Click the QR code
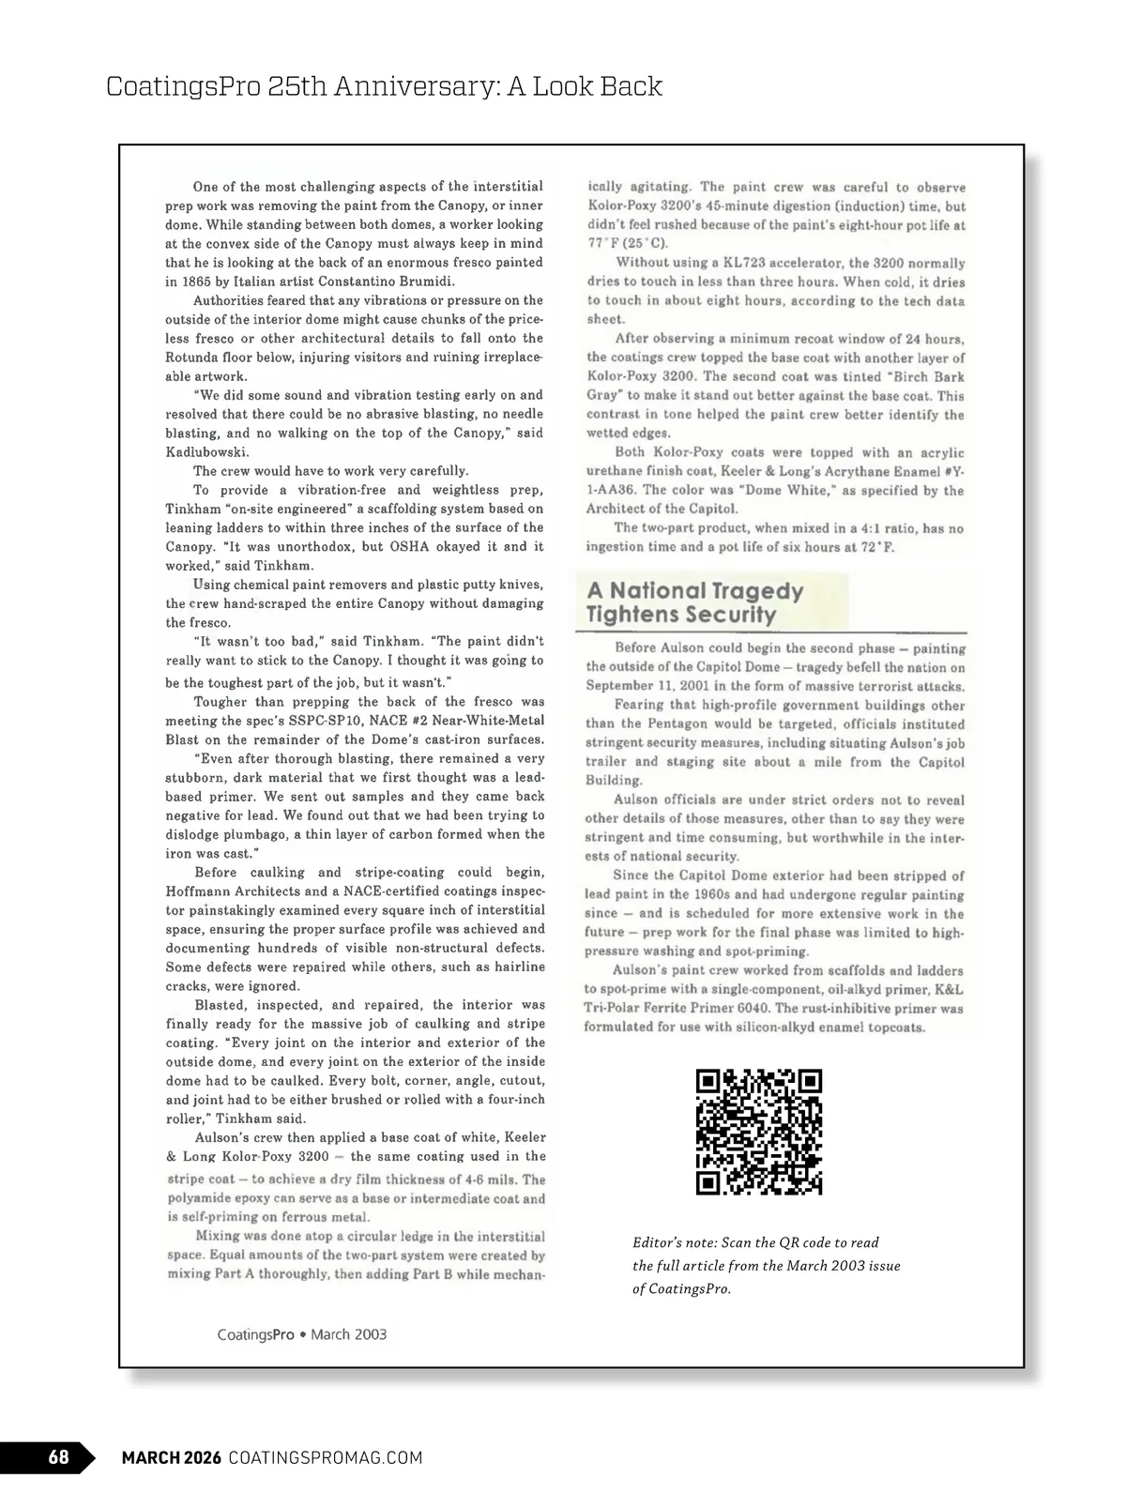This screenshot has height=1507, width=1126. [759, 1132]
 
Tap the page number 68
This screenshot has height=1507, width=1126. [58, 1457]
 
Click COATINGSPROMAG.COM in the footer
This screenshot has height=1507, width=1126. [326, 1457]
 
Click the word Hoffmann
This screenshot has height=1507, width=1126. [196, 891]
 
